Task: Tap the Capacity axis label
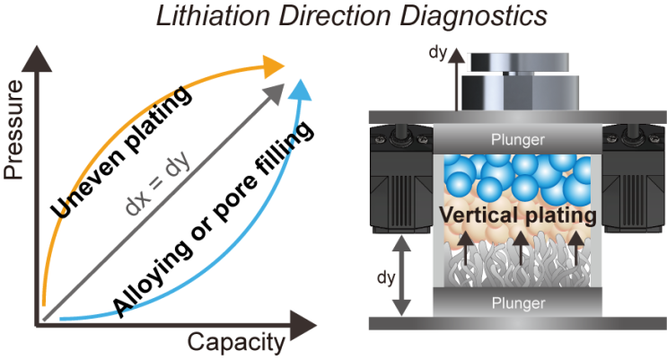[237, 342]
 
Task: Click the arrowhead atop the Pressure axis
[38, 59]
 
